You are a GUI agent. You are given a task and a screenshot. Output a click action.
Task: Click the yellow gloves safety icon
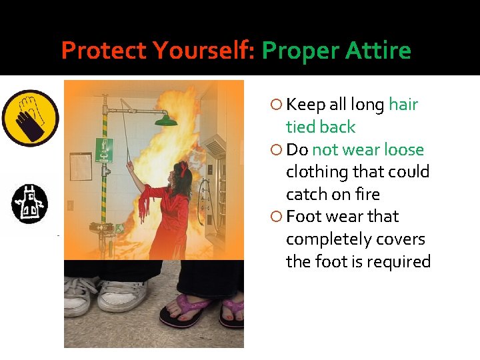pos(30,118)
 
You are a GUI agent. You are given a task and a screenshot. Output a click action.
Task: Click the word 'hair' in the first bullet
pos(403,105)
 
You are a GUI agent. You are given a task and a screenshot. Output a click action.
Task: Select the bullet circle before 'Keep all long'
pos(277,105)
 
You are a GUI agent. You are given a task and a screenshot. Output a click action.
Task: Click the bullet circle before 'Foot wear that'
pos(277,217)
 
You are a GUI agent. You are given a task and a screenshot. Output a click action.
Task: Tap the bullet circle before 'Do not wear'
pos(277,149)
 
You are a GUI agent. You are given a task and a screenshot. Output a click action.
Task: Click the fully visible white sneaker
pos(122,295)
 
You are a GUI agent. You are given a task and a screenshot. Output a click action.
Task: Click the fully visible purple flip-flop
pos(184,312)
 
